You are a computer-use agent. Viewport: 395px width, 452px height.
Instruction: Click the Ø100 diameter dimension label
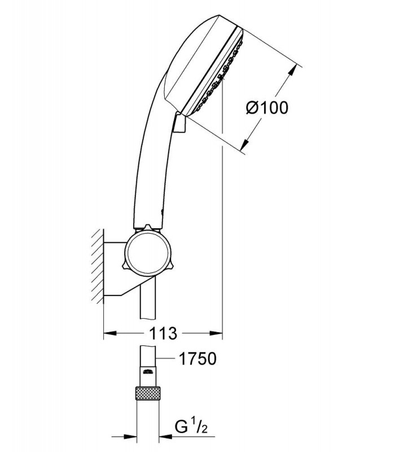pyautogui.click(x=267, y=107)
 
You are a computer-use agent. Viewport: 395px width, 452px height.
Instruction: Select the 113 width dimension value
pyautogui.click(x=163, y=333)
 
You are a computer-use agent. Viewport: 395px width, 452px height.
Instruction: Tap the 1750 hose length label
pyautogui.click(x=197, y=359)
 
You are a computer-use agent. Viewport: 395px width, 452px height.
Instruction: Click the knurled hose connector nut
pyautogui.click(x=148, y=393)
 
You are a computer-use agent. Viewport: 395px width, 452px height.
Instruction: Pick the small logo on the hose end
pyautogui.click(x=148, y=371)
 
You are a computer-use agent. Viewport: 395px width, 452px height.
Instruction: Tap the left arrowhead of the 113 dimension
pyautogui.click(x=109, y=333)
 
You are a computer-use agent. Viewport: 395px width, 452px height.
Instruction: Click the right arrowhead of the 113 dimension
pyautogui.click(x=216, y=333)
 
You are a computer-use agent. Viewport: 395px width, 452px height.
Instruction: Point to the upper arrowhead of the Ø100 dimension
pyautogui.click(x=292, y=70)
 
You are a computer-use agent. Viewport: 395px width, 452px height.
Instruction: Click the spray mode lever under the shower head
pyautogui.click(x=179, y=123)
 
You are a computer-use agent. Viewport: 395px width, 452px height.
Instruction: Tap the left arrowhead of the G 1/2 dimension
pyautogui.click(x=130, y=437)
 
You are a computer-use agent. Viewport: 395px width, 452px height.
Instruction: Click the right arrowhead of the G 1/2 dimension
pyautogui.click(x=165, y=437)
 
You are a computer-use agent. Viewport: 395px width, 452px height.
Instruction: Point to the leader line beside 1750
pyautogui.click(x=165, y=358)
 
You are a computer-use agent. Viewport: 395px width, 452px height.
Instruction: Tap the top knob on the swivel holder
pyautogui.click(x=147, y=228)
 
